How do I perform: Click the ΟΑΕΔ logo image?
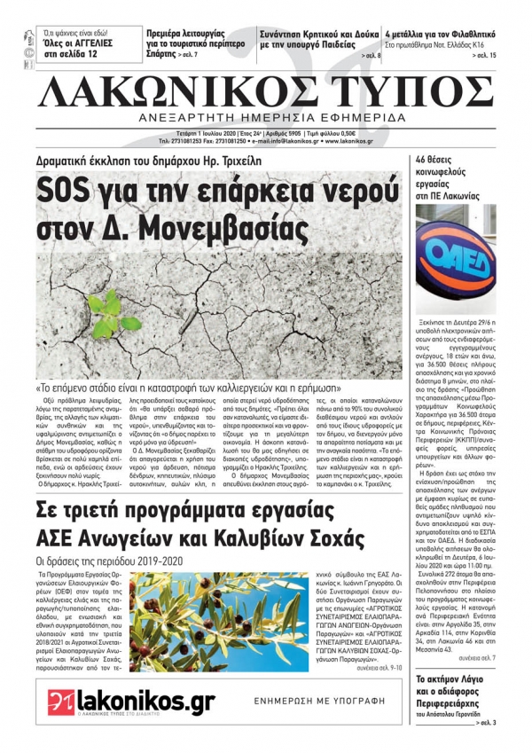point(456,257)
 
